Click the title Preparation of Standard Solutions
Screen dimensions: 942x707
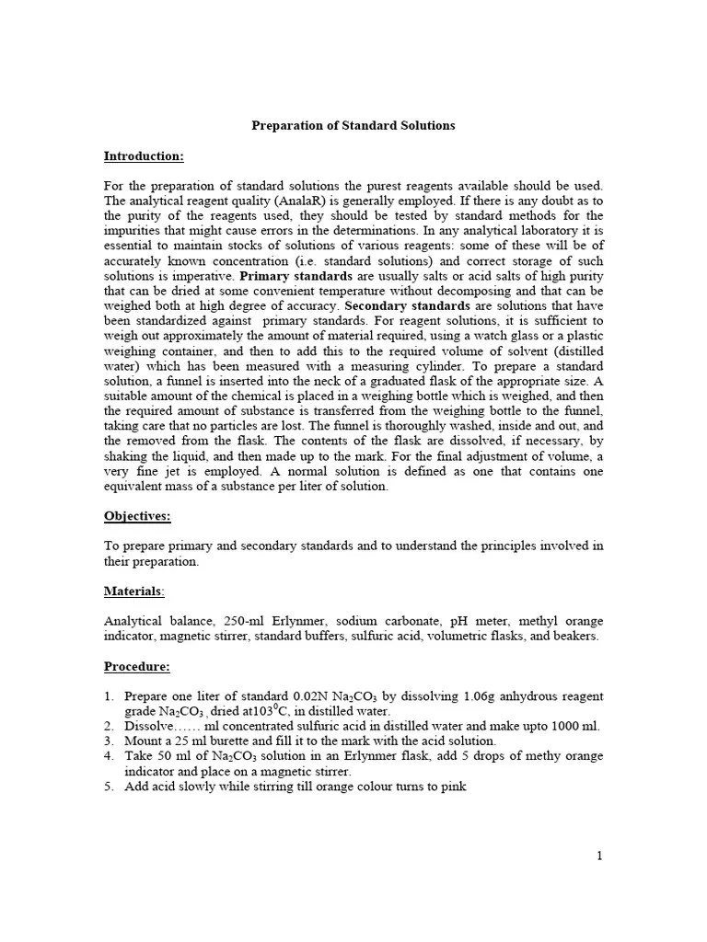coord(353,125)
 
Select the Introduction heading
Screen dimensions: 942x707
coord(144,155)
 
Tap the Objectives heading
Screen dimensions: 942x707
coord(137,516)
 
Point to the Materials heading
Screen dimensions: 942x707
coord(134,591)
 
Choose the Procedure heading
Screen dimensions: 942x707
coord(137,666)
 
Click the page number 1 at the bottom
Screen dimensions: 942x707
coord(599,856)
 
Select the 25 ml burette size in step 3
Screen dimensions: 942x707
coord(183,741)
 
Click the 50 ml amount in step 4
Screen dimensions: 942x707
coord(163,756)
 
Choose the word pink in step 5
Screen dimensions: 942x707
coord(452,787)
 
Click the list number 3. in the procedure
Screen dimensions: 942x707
coord(110,741)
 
